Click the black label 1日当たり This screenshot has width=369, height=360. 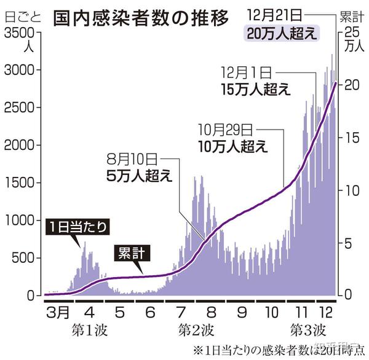(79, 227)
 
